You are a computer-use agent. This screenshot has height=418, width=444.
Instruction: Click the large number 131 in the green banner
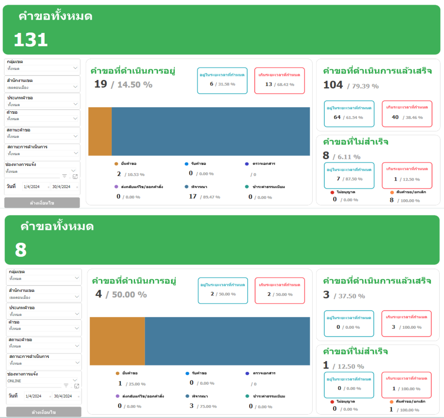pos(31,40)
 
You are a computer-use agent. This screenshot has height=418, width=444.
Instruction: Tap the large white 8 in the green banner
pos(21,250)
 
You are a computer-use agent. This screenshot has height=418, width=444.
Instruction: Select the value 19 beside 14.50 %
pos(101,84)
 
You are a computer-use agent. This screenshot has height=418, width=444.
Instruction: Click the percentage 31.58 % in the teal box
pos(226,84)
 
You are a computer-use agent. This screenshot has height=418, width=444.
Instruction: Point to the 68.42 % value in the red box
pos(285,85)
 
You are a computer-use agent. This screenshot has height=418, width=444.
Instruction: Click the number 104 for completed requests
pos(333,85)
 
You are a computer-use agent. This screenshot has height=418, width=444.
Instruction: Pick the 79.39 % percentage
pos(365,86)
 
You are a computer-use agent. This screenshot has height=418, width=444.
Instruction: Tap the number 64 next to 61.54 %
pos(337,117)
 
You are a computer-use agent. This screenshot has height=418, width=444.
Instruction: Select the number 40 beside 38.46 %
pos(395,117)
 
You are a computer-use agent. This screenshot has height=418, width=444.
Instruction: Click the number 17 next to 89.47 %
pos(193,197)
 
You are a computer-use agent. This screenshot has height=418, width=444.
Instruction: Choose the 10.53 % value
pos(136,175)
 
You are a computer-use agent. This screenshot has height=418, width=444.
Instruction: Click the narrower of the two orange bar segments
pos(100,131)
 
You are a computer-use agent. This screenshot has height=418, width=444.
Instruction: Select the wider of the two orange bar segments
pos(117,341)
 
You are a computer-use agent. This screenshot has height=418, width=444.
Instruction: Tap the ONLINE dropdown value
pos(14,381)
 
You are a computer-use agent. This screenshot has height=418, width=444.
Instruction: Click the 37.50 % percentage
pos(351,296)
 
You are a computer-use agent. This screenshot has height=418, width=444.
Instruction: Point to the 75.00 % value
pos(208,406)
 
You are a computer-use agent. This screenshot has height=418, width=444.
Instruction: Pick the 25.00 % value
pos(137,384)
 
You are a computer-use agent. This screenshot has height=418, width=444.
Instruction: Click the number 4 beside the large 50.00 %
pos(99,294)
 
